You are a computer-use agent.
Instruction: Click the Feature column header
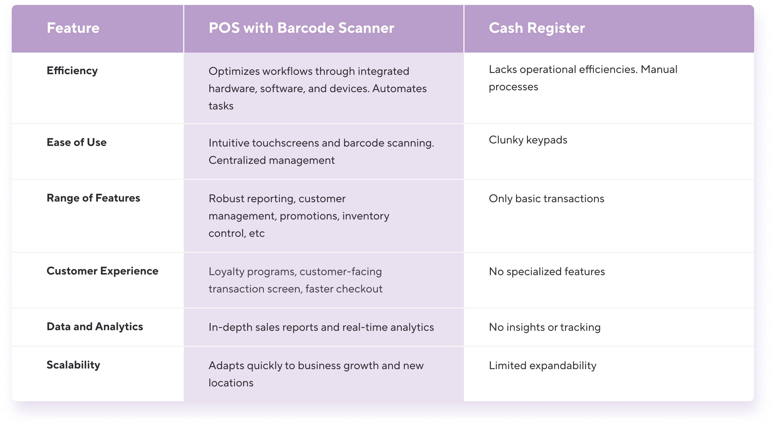(73, 28)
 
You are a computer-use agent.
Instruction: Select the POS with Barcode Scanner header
(301, 28)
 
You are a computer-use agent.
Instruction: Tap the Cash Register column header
(537, 28)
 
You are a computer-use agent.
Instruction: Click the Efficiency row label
(72, 71)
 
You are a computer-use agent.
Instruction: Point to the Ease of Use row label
(76, 142)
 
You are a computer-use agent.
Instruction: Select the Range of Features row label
(93, 198)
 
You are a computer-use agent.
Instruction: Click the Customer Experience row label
(102, 271)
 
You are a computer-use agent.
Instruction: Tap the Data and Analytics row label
(95, 326)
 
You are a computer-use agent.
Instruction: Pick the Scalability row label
(73, 365)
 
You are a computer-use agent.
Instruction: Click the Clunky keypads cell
(528, 140)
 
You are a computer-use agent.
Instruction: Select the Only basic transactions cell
(546, 198)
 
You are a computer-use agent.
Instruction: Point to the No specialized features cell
(547, 271)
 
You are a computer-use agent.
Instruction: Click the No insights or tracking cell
(544, 327)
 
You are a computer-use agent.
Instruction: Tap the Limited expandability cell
(542, 365)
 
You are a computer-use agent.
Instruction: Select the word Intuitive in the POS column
(229, 143)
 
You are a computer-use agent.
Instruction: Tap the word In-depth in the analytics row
(230, 327)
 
